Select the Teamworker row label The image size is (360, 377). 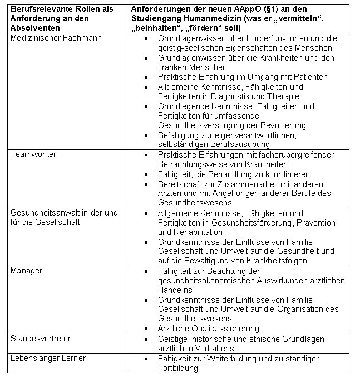coord(33,154)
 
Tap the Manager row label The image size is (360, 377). coord(27,271)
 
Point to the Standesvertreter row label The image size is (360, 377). coord(41,339)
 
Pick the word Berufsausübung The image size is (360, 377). coord(246,145)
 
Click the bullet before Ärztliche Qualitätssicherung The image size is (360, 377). coord(146,329)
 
